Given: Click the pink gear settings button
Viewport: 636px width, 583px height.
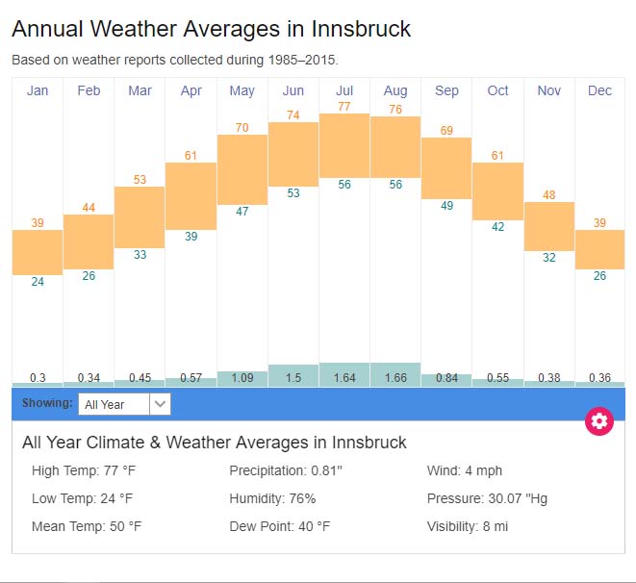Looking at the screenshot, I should point(599,420).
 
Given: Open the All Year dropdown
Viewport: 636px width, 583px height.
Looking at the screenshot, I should point(124,404).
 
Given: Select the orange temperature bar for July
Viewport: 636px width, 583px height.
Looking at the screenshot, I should point(344,145).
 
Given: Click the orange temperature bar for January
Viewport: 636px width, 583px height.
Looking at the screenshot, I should point(38,252).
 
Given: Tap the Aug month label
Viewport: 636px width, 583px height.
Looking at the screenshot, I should point(395,90).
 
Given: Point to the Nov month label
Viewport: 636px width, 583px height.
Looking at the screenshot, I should point(548,90).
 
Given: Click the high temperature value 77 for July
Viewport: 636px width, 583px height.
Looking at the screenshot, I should point(344,106).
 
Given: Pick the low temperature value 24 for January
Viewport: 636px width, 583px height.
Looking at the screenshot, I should point(38,282).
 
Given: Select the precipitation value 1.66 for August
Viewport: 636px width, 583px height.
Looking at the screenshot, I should point(395,378).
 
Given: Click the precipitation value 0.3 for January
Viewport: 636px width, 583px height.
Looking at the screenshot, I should point(38,378).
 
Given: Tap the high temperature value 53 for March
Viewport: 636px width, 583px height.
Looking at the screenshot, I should point(140,179).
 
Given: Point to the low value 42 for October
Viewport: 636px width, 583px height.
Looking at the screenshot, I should point(497,227).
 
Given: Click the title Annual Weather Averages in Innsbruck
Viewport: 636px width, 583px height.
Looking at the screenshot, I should point(211,29).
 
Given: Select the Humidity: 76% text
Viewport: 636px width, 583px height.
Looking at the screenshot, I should point(272,498).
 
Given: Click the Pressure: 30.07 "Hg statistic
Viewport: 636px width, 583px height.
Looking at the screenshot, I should point(487,498).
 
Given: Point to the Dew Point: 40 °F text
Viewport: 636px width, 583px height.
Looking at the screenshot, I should point(279,526).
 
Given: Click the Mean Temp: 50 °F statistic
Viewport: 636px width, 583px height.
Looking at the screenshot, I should point(87,526).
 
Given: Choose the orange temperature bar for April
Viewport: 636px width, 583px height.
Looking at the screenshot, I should point(191,195).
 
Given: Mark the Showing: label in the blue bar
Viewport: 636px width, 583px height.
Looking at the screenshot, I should point(47,403).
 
